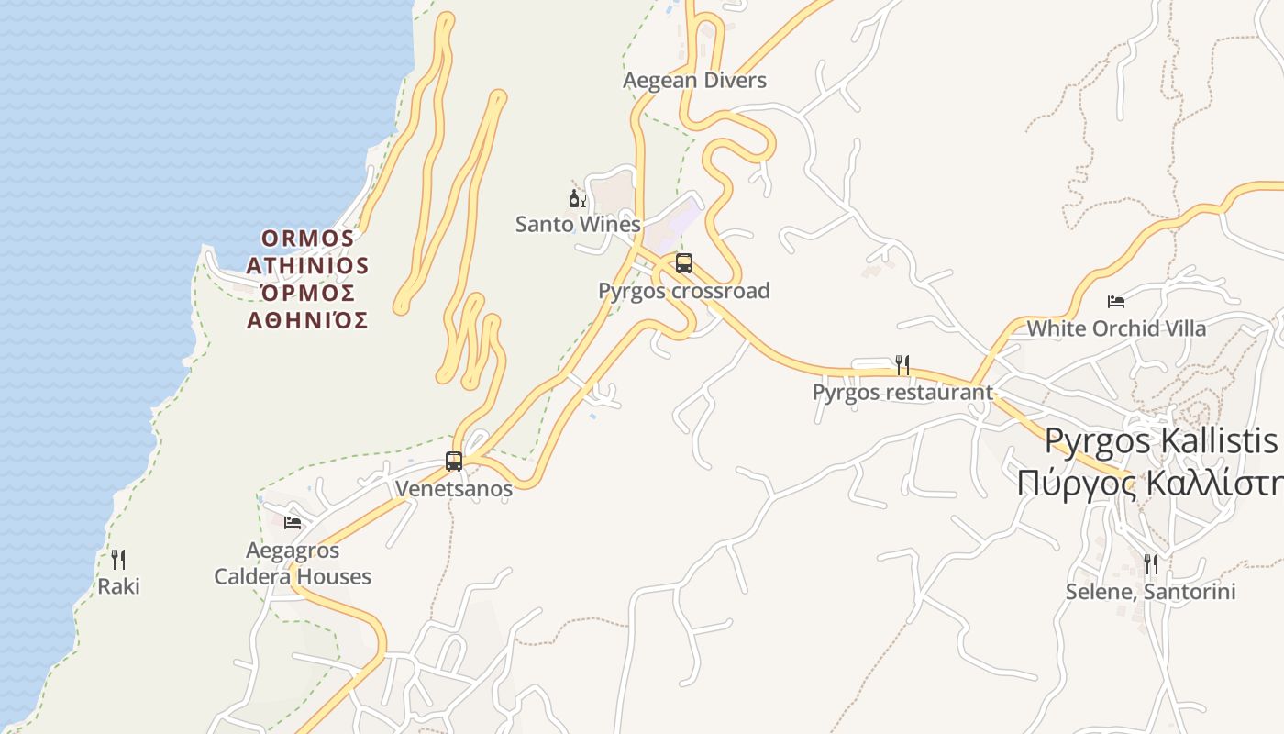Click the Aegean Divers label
pos(694,81)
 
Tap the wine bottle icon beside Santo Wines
pos(577,198)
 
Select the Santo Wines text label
pos(577,224)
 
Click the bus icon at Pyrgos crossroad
pos(684,263)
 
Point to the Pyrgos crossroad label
pos(683,291)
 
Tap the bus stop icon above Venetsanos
pos(454,462)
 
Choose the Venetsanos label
pos(454,488)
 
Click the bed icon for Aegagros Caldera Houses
pos(293,523)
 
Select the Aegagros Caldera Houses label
pos(293,563)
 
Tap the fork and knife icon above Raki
pos(118,560)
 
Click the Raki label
pos(119,586)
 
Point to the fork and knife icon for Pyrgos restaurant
pos(902,365)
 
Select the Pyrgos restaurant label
pos(902,393)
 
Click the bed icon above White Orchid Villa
pos(1116,301)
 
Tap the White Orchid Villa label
pos(1116,328)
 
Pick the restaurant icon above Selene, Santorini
pos(1151,564)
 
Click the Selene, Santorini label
pos(1151,592)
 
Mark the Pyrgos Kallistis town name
pos(1160,441)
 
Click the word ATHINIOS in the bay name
pos(307,266)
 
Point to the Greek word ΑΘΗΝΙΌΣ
pos(307,320)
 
